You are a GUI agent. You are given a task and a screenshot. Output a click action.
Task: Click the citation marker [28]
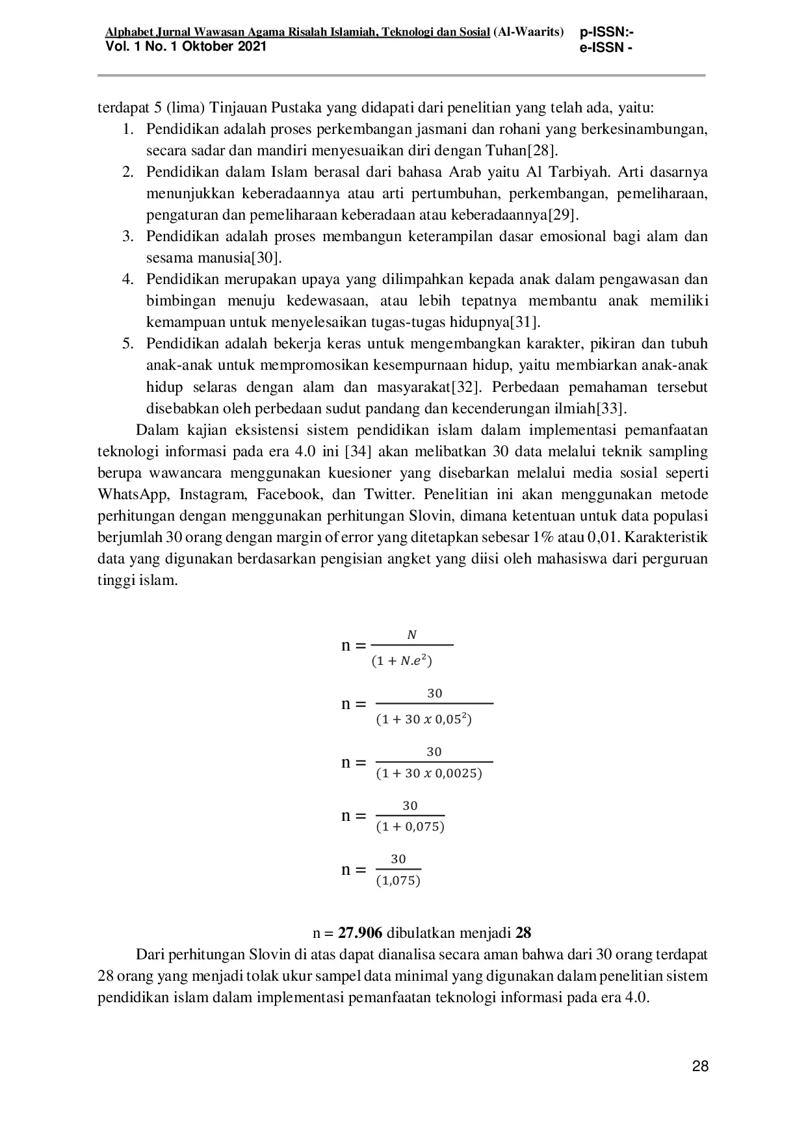(541, 151)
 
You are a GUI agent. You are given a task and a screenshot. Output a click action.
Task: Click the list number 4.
(127, 279)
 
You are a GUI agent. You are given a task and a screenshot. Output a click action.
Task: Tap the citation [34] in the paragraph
(358, 452)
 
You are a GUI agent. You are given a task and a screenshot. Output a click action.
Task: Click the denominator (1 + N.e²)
(402, 662)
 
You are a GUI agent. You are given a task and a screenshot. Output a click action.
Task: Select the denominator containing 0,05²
(424, 720)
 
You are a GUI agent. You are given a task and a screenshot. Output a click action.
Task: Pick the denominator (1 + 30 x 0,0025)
(429, 774)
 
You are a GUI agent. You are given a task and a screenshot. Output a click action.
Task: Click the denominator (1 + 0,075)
(410, 827)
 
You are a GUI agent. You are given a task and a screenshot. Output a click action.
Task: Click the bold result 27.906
(360, 933)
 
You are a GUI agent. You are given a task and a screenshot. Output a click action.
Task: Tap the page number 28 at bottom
(700, 1067)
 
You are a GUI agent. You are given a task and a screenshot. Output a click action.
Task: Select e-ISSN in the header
(605, 48)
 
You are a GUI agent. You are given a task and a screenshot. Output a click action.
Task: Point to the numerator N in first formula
(411, 635)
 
